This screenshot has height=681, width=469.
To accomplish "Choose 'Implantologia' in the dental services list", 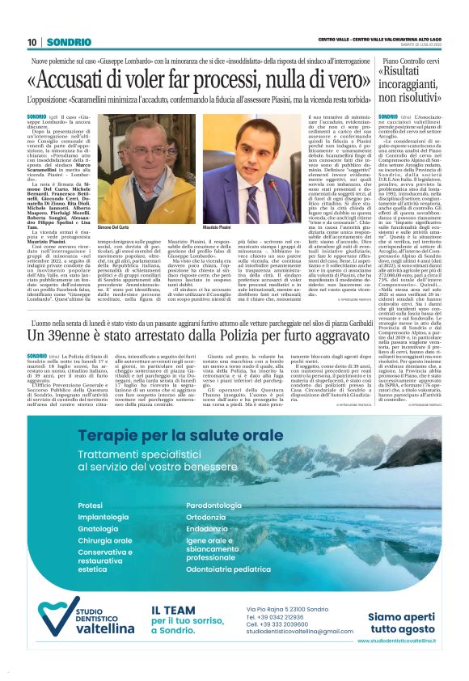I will [103, 494].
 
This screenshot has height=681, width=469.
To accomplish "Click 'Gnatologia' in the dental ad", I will [99, 505].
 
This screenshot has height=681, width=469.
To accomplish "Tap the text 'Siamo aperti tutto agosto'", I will [402, 621].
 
